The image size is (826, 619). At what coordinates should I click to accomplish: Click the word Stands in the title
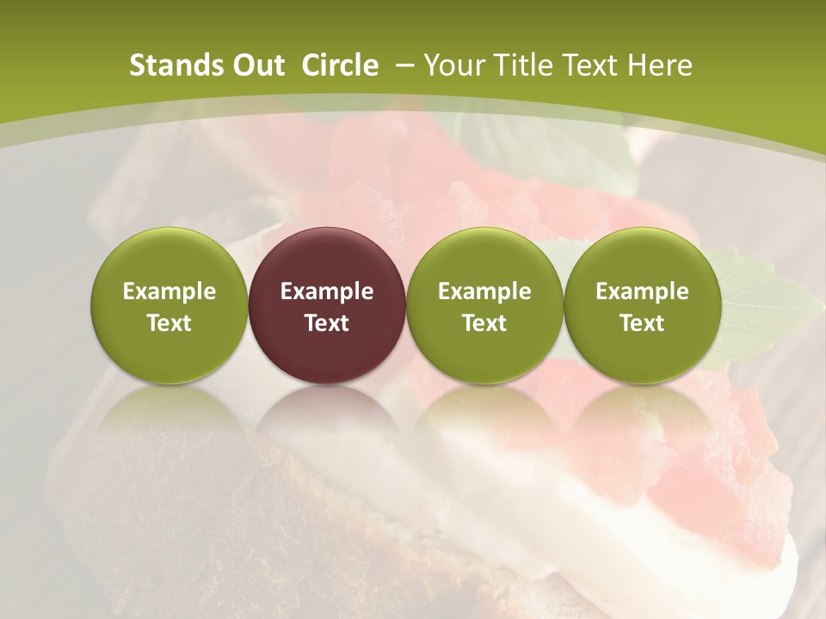[172, 65]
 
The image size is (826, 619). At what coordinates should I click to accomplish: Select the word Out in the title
[256, 65]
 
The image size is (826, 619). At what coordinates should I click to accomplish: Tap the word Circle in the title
[340, 65]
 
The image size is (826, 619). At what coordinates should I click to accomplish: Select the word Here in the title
[661, 65]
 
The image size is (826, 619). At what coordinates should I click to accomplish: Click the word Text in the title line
[595, 65]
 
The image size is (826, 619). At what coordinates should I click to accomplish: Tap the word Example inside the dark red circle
[327, 291]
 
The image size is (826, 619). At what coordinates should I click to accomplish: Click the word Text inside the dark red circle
[327, 323]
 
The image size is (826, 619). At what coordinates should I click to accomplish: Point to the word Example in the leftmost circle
[170, 291]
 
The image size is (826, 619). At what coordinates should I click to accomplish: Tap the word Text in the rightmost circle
[643, 323]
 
